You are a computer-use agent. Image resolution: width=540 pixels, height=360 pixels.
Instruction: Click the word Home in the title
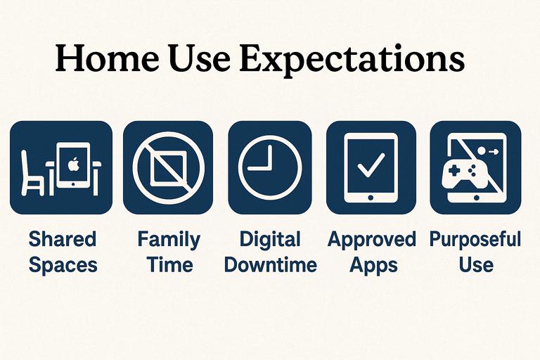coord(107,58)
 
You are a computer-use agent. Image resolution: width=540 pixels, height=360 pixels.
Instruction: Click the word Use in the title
coord(200,58)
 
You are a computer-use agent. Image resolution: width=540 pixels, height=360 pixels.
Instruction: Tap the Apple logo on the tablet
coord(73,164)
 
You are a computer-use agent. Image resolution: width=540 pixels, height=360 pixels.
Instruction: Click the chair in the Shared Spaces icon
coord(32,173)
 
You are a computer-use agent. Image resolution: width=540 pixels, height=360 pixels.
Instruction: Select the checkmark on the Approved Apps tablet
coord(371,165)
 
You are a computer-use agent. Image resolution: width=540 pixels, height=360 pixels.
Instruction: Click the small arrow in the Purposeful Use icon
coord(494,151)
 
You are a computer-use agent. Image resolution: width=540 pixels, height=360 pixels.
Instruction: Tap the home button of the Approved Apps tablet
coord(371,198)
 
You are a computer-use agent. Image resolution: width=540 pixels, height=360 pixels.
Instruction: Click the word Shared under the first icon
coord(63,239)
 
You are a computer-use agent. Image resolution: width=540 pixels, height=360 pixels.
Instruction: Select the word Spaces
coord(63,265)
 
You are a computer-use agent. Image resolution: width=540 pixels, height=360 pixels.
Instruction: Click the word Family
coord(169,240)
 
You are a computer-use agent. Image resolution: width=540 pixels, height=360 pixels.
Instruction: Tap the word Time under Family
coord(169,264)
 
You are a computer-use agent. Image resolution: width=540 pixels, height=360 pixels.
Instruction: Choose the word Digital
coord(270,240)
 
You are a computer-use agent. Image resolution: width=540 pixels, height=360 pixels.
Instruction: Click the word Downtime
coord(270,264)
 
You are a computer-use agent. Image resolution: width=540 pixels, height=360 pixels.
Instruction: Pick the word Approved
coord(372,240)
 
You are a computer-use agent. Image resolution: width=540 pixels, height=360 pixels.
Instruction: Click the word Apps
coord(373,266)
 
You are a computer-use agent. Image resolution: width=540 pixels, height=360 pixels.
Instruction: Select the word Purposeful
coord(475,240)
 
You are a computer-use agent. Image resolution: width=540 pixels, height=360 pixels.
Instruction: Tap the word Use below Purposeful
coord(476,264)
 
